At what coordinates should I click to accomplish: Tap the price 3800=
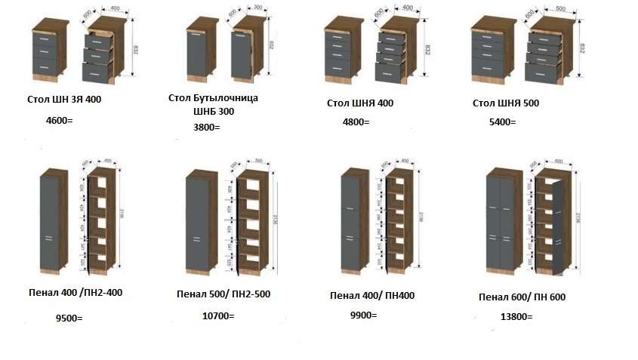207,127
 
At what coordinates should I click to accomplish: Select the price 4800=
356,122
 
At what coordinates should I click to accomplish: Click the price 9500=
69,318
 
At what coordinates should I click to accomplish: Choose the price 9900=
363,315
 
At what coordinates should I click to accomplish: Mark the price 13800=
516,317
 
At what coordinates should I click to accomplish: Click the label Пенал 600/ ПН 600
522,297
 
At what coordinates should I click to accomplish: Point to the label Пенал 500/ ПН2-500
223,294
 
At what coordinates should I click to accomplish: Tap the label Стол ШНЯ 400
360,103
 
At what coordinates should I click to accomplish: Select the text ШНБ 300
214,111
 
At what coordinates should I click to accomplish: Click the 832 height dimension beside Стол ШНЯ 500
581,48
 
